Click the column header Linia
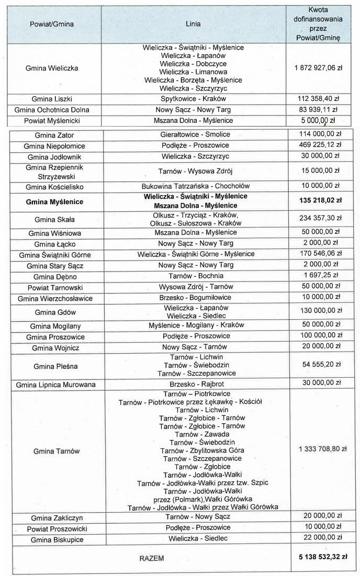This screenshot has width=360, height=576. tap(193, 24)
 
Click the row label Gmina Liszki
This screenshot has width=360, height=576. tap(52, 99)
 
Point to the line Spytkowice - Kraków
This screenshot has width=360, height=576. tap(193, 99)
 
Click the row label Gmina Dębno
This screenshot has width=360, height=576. tap(52, 276)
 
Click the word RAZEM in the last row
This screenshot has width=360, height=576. tap(152, 558)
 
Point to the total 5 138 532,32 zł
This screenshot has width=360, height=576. tap(320, 557)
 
